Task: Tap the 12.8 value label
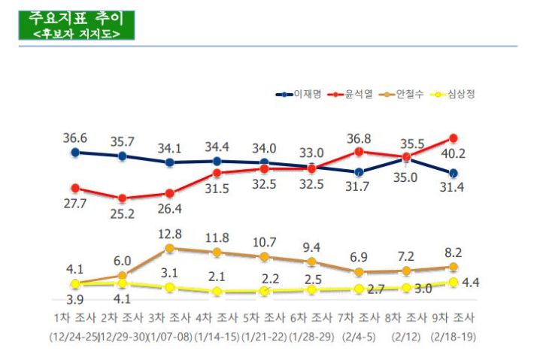pyautogui.click(x=170, y=234)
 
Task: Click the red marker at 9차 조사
pyautogui.click(x=454, y=138)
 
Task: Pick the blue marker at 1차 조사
pyautogui.click(x=74, y=153)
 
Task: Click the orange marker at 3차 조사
pyautogui.click(x=170, y=248)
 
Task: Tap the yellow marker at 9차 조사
pyautogui.click(x=454, y=283)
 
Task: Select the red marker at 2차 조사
pyautogui.click(x=122, y=198)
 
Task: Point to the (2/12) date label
pyautogui.click(x=406, y=337)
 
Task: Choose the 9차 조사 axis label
pyautogui.click(x=454, y=316)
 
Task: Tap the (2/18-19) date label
pyautogui.click(x=454, y=337)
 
